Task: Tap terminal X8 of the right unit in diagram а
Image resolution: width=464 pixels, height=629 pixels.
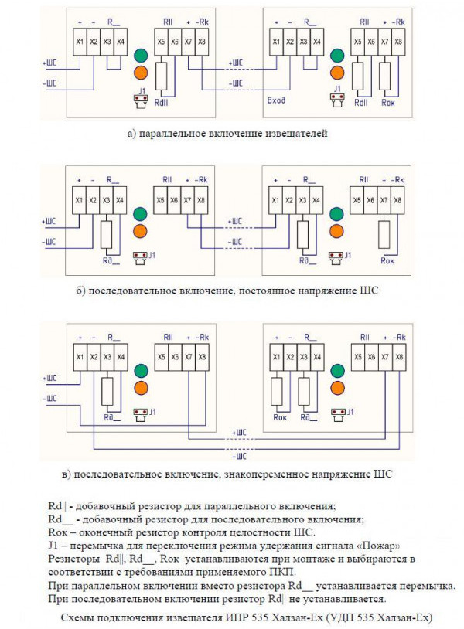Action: (398, 40)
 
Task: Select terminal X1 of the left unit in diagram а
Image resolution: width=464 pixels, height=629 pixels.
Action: (80, 40)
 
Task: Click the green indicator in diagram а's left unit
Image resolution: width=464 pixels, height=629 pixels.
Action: (141, 56)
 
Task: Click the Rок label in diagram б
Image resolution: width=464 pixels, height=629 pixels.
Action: (387, 261)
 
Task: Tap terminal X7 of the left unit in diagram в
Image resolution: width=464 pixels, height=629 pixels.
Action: (188, 358)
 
